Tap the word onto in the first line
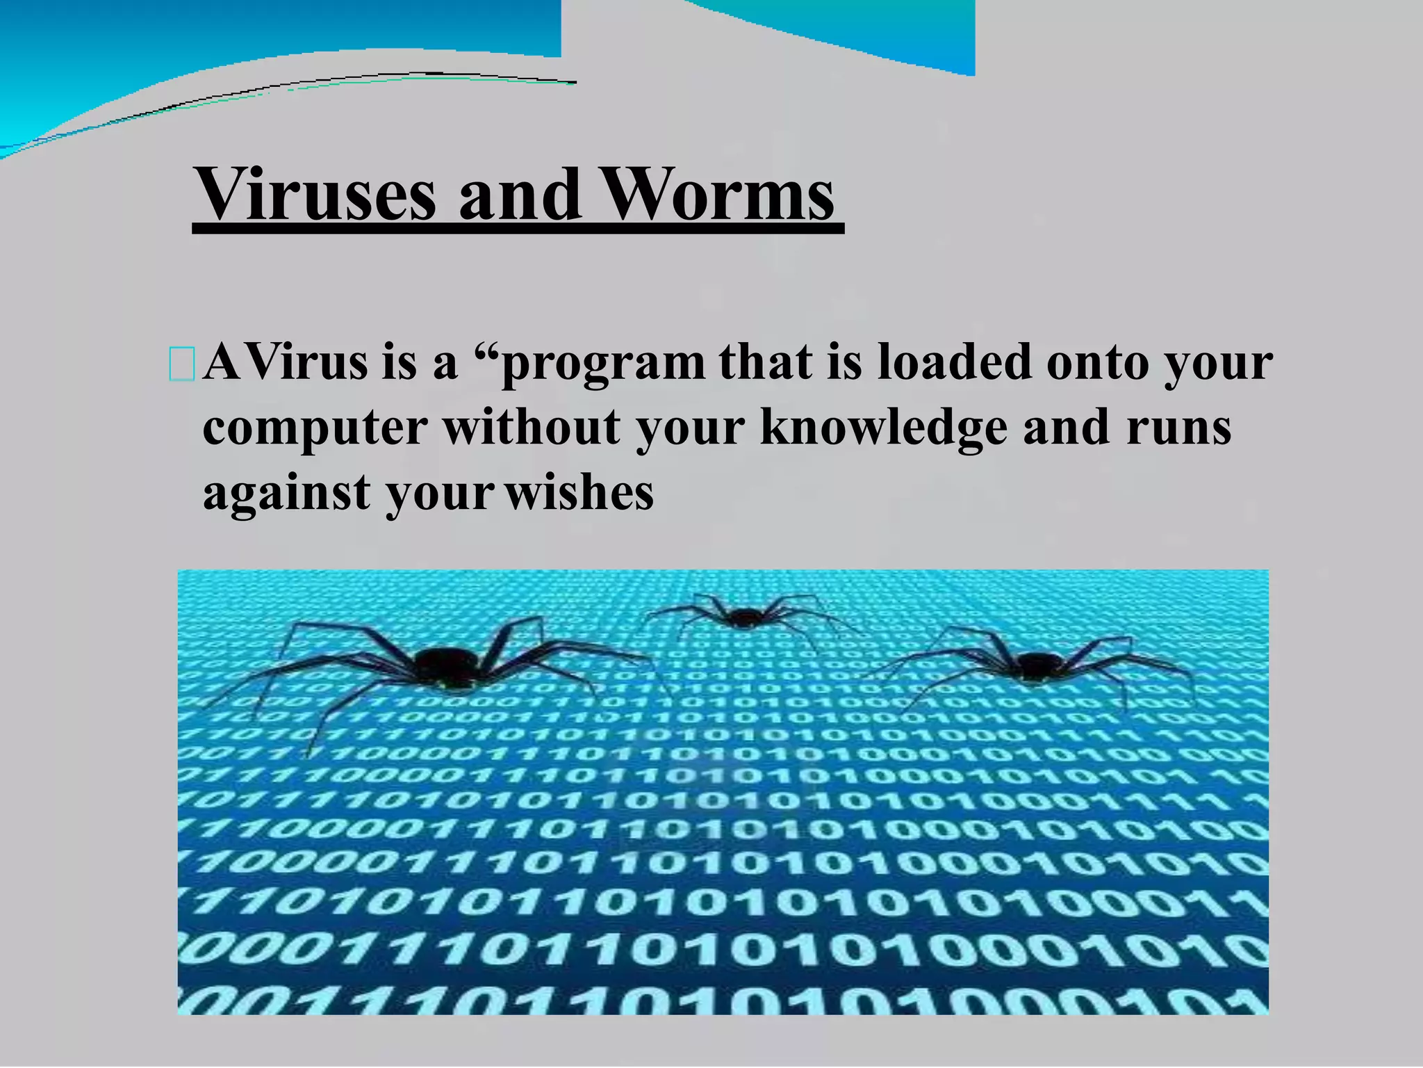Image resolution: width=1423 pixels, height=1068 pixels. (1097, 364)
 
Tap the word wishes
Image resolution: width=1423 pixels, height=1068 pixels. (579, 493)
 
